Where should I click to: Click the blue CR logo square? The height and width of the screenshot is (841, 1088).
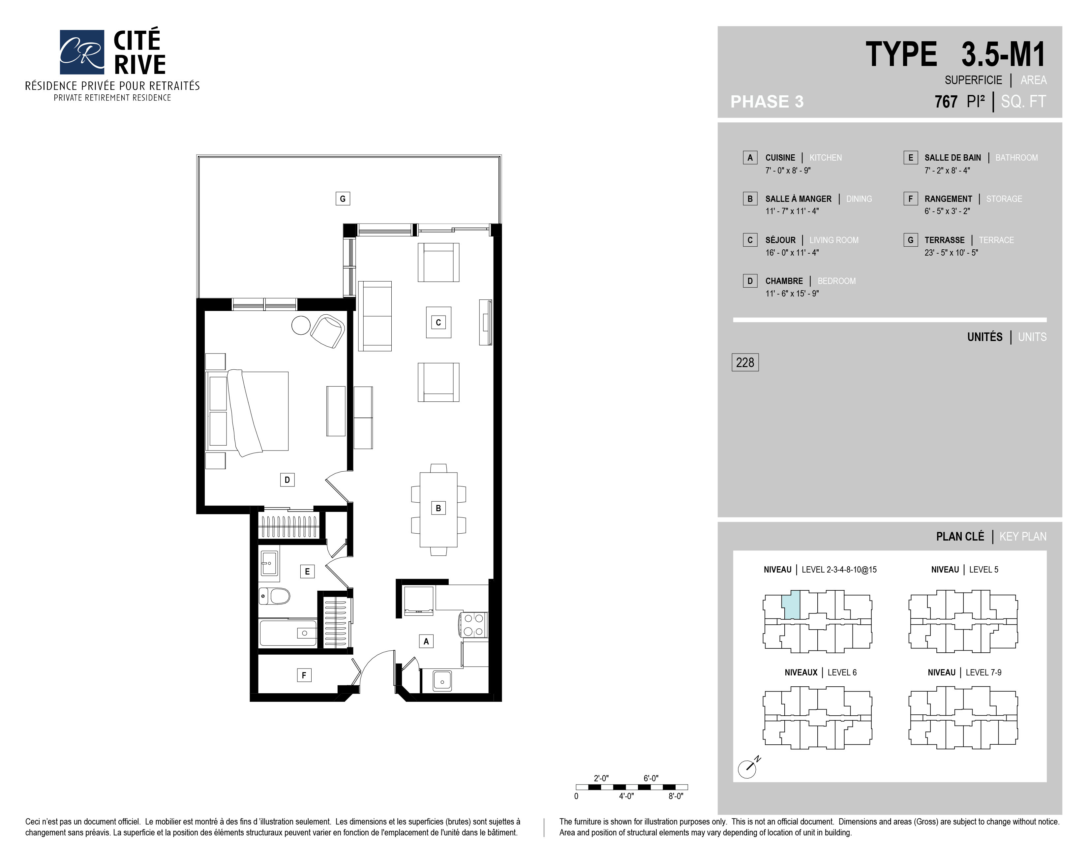pyautogui.click(x=82, y=52)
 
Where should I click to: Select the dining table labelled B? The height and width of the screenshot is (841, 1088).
pyautogui.click(x=438, y=509)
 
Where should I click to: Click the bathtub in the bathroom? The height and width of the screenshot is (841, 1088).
pyautogui.click(x=288, y=633)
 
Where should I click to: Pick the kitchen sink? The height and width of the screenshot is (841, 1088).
pyautogui.click(x=442, y=681)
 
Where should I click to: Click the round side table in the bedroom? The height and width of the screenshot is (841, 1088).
pyautogui.click(x=301, y=325)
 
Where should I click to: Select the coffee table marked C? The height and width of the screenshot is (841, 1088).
pyautogui.click(x=438, y=322)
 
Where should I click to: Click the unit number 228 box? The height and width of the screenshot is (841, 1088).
pyautogui.click(x=745, y=362)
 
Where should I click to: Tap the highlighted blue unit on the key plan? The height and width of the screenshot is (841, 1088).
pyautogui.click(x=791, y=605)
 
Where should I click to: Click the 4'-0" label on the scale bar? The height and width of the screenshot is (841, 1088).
pyautogui.click(x=626, y=796)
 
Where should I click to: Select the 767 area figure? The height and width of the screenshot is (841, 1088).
pyautogui.click(x=946, y=102)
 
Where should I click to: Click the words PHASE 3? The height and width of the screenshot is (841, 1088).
pyautogui.click(x=767, y=102)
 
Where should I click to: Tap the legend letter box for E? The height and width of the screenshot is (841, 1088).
pyautogui.click(x=910, y=157)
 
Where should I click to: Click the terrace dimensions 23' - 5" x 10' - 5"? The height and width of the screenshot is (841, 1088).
pyautogui.click(x=951, y=253)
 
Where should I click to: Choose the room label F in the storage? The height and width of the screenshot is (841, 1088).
pyautogui.click(x=304, y=675)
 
